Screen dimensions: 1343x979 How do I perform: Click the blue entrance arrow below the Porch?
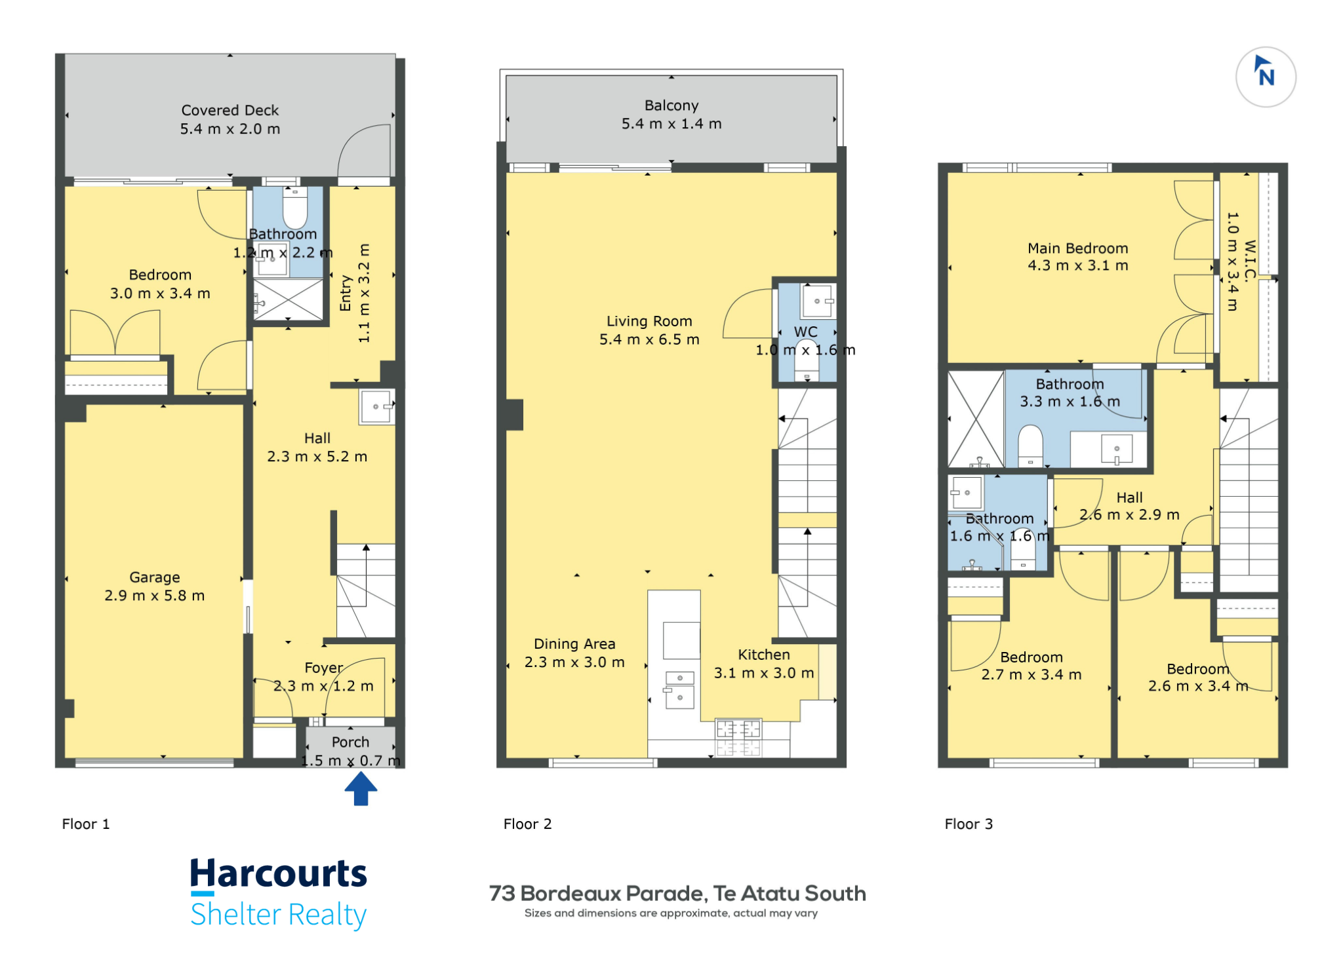click(x=361, y=789)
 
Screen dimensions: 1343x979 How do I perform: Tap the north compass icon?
click(x=1266, y=77)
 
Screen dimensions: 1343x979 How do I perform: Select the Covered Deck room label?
click(x=230, y=110)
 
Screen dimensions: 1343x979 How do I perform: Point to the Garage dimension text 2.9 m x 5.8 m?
click(x=155, y=596)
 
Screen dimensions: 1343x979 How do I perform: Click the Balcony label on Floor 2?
click(x=671, y=106)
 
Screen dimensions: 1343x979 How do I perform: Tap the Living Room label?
click(x=649, y=321)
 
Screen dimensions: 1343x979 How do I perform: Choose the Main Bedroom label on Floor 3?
click(x=1078, y=248)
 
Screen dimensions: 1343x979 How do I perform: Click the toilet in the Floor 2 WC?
click(x=807, y=360)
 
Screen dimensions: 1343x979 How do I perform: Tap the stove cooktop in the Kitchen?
click(x=738, y=737)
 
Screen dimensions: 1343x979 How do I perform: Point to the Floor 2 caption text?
click(x=527, y=824)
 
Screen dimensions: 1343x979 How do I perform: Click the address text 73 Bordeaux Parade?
click(x=597, y=893)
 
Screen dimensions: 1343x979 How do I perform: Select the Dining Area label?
click(x=574, y=643)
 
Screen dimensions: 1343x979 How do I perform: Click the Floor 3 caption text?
click(x=969, y=824)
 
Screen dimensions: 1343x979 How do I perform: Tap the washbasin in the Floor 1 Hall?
click(x=376, y=406)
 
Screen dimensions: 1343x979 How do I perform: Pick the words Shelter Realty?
click(x=278, y=915)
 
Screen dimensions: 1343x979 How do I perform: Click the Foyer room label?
click(x=324, y=668)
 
